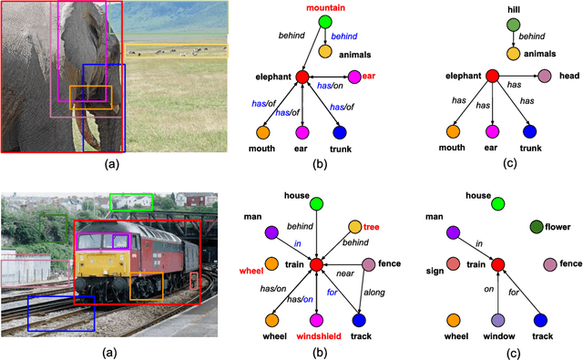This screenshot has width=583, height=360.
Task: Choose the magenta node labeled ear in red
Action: point(354,76)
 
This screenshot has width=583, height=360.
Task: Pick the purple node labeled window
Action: point(496,321)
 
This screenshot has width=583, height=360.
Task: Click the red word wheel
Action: point(251,272)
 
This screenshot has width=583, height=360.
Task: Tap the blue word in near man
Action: point(296,242)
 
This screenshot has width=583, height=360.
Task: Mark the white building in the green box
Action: point(131,201)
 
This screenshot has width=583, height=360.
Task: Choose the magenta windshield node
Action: point(315,320)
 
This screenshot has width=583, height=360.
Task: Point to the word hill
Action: point(489,7)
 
